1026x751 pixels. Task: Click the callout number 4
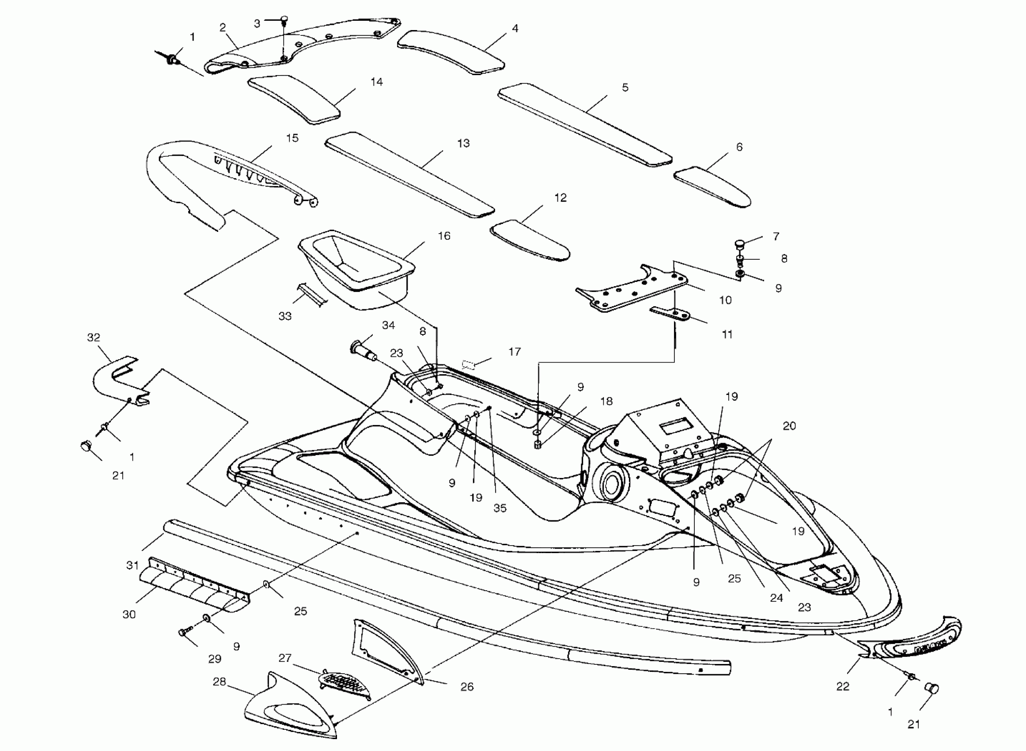click(515, 29)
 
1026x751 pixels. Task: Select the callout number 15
click(292, 138)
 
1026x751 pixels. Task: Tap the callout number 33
click(285, 316)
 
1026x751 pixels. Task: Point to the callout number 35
click(500, 508)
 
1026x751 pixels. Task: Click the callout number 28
click(220, 682)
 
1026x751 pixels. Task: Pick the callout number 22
click(843, 687)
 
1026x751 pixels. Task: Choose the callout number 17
click(515, 351)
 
